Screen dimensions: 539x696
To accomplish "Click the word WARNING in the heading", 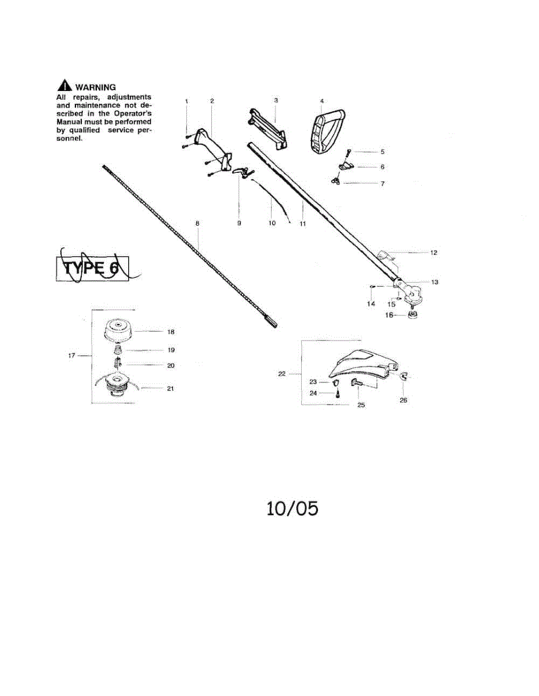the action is (x=96, y=88).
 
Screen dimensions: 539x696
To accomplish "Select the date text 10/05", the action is (x=292, y=509).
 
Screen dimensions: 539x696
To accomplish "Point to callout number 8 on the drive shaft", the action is (x=197, y=223).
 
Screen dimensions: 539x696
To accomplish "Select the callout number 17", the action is (x=72, y=356).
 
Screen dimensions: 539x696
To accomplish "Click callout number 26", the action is (x=404, y=400).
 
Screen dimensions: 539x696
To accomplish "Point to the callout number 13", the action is (x=434, y=282).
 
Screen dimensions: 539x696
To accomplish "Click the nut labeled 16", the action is (x=414, y=315).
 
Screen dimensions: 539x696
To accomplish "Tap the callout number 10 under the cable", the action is (x=272, y=223).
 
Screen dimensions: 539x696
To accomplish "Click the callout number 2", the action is (x=212, y=101).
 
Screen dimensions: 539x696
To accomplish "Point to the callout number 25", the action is (x=361, y=405).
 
